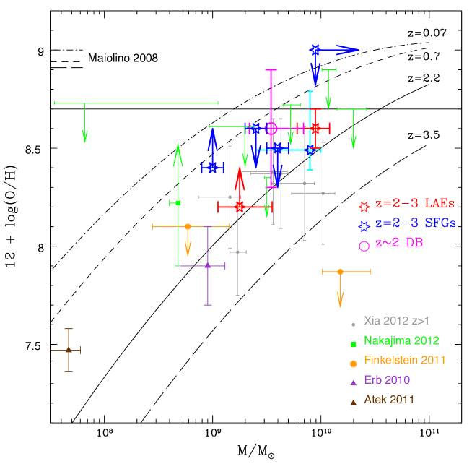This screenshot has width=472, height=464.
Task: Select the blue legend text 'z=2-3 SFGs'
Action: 416,224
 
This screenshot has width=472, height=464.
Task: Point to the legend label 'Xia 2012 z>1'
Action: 396,321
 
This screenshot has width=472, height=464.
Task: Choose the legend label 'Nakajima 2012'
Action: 401,340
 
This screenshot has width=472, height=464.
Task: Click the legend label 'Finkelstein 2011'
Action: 405,360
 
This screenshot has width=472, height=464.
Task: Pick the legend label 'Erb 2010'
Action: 387,379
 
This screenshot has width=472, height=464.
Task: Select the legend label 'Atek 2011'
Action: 389,399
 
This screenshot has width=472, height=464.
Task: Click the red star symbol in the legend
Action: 364,205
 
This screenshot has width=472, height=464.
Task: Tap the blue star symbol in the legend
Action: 364,225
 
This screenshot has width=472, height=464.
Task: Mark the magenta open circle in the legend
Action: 364,246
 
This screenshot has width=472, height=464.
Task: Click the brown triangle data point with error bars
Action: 69,350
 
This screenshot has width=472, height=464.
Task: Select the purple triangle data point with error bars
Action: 208,265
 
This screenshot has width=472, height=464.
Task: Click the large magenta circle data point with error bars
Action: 271,128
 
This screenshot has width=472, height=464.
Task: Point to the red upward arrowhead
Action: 240,176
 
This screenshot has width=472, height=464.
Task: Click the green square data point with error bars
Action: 178,203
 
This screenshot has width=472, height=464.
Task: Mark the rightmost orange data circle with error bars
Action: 340,271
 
